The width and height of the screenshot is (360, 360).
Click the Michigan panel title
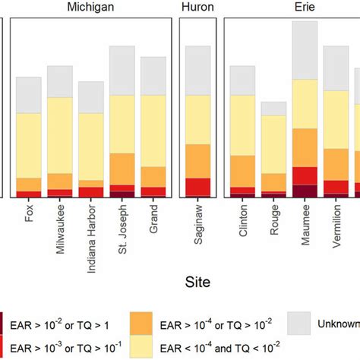pos(91,7)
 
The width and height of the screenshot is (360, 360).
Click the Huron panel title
pos(197,7)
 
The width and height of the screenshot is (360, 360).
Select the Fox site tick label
pos(30,212)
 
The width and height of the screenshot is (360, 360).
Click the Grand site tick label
pos(154,216)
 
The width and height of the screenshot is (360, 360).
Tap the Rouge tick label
pos(274,216)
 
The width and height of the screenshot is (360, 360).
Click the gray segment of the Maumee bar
pos(305,50)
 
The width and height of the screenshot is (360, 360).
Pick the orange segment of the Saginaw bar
pos(198,161)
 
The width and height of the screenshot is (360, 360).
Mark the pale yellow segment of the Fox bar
pos(29,145)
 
